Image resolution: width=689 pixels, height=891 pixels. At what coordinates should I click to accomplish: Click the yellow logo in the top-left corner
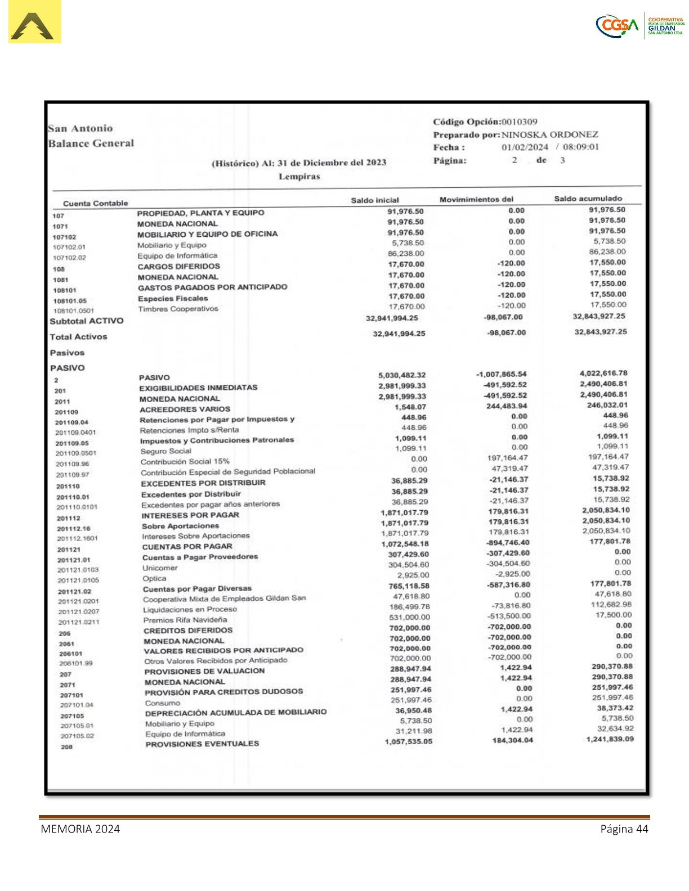(34, 22)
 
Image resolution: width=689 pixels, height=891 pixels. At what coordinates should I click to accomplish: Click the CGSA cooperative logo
(639, 25)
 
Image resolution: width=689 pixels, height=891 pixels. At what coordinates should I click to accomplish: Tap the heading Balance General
(91, 143)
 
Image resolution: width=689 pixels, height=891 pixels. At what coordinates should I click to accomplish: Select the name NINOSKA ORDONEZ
(549, 134)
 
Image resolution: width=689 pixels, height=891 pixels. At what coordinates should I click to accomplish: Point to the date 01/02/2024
(525, 147)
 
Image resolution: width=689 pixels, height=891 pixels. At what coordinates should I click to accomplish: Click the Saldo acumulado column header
(588, 199)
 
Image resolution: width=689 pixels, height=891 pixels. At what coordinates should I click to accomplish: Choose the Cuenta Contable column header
(95, 203)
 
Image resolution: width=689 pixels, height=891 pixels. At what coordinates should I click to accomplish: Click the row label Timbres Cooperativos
(178, 309)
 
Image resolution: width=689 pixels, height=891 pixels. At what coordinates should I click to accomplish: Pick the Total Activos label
(78, 337)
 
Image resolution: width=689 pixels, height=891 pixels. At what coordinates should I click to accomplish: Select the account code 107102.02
(69, 258)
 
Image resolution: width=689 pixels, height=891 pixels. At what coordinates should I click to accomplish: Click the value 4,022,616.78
(603, 373)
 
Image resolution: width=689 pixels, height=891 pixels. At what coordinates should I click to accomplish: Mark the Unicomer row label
(160, 568)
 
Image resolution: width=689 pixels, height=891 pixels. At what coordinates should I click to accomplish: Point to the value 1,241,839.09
(610, 739)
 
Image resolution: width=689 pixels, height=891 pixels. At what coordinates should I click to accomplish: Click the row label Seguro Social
(165, 451)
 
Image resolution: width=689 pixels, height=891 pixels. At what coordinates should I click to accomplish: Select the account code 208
(66, 747)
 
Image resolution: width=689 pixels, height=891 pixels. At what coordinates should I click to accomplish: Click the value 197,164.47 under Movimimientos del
(507, 458)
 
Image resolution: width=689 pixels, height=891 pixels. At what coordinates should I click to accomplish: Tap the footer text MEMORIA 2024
(80, 829)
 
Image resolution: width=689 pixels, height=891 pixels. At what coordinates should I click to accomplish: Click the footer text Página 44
(624, 829)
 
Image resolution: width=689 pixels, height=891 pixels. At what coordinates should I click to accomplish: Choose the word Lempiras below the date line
(299, 177)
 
